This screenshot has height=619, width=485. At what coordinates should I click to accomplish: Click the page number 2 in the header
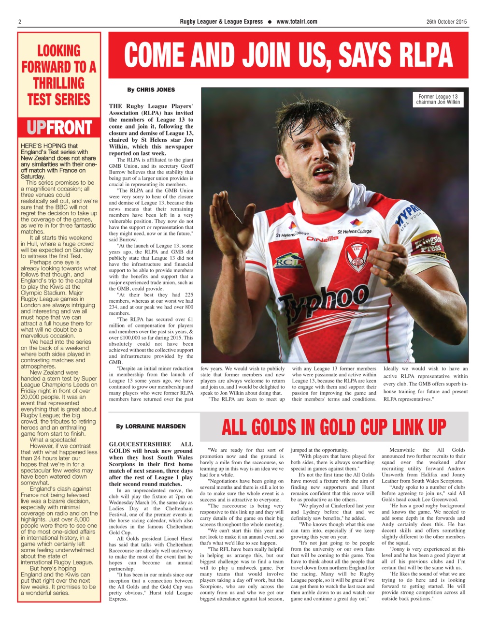(x=20, y=22)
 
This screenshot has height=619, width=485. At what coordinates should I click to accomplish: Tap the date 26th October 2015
(x=446, y=22)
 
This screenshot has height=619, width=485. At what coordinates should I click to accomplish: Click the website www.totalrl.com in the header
(x=297, y=22)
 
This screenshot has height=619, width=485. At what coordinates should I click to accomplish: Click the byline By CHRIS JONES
(x=151, y=90)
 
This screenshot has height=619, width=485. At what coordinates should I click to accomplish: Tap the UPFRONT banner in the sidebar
(x=59, y=128)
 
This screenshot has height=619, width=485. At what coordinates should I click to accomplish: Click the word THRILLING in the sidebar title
(x=59, y=83)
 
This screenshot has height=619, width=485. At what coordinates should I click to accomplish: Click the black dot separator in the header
(x=270, y=22)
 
